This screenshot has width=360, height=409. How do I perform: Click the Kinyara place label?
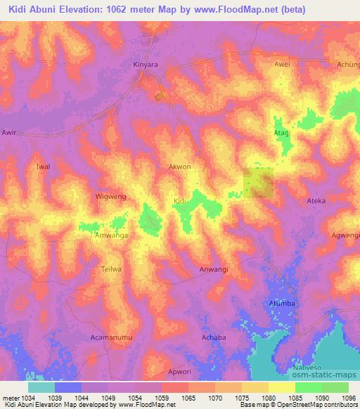click(x=144, y=64)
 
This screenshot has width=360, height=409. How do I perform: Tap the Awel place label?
click(x=281, y=64)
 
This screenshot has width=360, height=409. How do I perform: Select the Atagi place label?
click(x=281, y=132)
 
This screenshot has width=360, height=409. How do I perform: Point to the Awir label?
click(x=9, y=132)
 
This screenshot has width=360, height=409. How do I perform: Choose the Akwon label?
click(x=179, y=167)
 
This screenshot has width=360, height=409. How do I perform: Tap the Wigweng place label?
click(x=110, y=197)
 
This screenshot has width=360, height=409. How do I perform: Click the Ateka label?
click(x=316, y=201)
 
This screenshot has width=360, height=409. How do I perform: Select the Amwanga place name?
click(x=111, y=236)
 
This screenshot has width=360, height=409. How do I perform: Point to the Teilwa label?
click(x=112, y=269)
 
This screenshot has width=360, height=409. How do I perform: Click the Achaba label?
click(x=213, y=337)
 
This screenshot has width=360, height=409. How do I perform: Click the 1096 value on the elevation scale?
click(x=349, y=398)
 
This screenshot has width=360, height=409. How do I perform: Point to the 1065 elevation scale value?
click(x=189, y=398)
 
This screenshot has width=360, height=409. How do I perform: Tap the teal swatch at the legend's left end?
click(x=41, y=387)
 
